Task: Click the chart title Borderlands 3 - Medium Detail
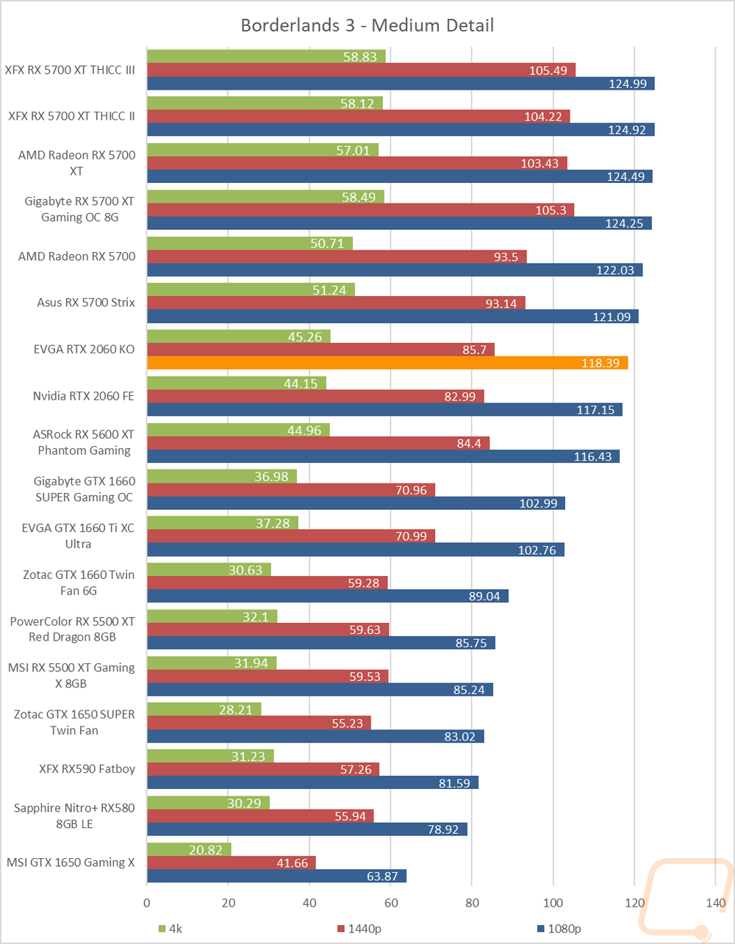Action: pos(367,26)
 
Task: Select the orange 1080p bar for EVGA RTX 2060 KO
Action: pos(387,363)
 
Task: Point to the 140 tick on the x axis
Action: pos(715,903)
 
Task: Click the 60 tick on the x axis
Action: pos(391,903)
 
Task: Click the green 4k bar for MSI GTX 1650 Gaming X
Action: pos(189,849)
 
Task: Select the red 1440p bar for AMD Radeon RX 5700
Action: pos(337,256)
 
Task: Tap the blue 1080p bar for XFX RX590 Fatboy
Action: pos(312,783)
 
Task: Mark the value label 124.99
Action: pos(628,84)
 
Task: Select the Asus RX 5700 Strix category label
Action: pos(86,302)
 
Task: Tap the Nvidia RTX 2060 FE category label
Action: pos(84,396)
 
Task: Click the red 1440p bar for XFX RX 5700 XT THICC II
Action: pos(358,116)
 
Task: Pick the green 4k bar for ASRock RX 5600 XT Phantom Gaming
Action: pos(238,430)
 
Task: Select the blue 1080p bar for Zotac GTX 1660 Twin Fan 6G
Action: pos(327,596)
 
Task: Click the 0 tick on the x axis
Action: pos(147,903)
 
